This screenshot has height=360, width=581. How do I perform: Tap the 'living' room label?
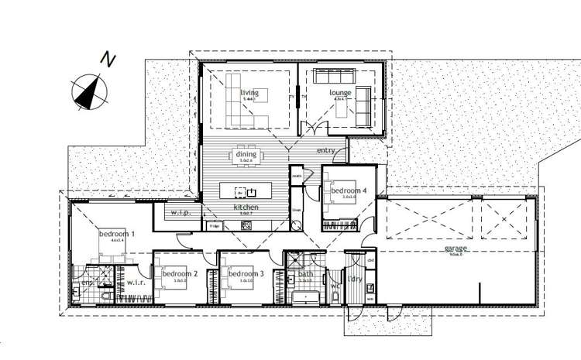tap(249, 92)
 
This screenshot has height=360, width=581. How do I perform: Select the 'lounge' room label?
tap(341, 93)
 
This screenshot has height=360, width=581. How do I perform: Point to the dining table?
tap(247, 157)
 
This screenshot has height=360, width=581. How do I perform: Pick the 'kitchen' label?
tap(246, 208)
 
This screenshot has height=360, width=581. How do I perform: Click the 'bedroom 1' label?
tap(116, 233)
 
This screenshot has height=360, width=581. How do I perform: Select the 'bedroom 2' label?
tap(180, 274)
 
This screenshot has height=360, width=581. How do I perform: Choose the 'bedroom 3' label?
tap(246, 274)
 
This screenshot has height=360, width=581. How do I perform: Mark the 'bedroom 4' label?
tap(348, 190)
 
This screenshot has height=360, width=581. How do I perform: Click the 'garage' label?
tap(455, 249)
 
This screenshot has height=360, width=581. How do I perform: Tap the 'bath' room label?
tap(305, 273)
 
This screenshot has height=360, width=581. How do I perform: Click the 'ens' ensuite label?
tap(86, 283)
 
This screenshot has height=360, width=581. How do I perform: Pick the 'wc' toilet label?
tap(335, 286)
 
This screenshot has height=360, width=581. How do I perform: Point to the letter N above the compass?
tap(108, 58)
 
